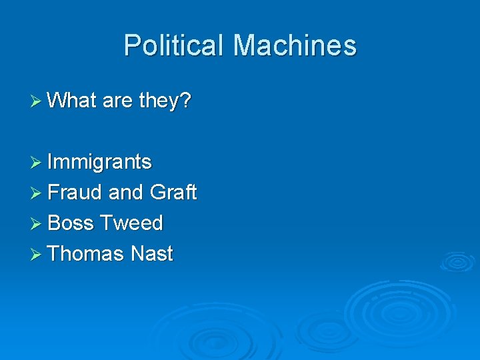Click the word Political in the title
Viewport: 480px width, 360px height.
(175, 46)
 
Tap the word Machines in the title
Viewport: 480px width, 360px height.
(295, 46)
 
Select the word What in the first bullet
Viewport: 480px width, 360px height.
(72, 101)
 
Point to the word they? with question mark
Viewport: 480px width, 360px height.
(165, 101)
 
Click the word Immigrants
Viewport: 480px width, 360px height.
(100, 162)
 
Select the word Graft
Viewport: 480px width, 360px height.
(173, 193)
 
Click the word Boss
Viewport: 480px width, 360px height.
(71, 223)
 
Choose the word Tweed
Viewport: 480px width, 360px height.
(131, 223)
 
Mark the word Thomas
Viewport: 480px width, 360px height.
(86, 254)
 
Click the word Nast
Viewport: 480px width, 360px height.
(152, 254)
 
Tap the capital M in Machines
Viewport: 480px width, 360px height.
(245, 46)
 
